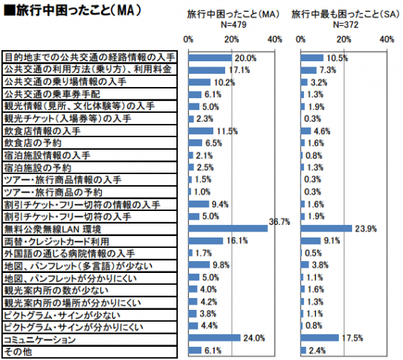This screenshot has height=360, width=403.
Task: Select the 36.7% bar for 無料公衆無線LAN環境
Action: point(228,228)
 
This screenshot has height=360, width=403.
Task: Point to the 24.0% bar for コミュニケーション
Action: point(215,339)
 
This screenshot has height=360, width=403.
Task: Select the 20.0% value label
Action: point(245,58)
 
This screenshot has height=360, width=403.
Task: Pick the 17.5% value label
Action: point(351,339)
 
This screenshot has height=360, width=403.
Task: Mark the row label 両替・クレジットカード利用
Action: point(56,241)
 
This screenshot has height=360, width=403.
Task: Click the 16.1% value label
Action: point(236,241)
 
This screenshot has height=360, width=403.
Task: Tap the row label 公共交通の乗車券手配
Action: point(52,94)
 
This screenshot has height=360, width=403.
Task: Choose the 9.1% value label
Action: point(332,240)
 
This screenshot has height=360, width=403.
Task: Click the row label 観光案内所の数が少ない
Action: point(55,290)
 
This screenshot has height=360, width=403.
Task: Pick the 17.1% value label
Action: point(238,69)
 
